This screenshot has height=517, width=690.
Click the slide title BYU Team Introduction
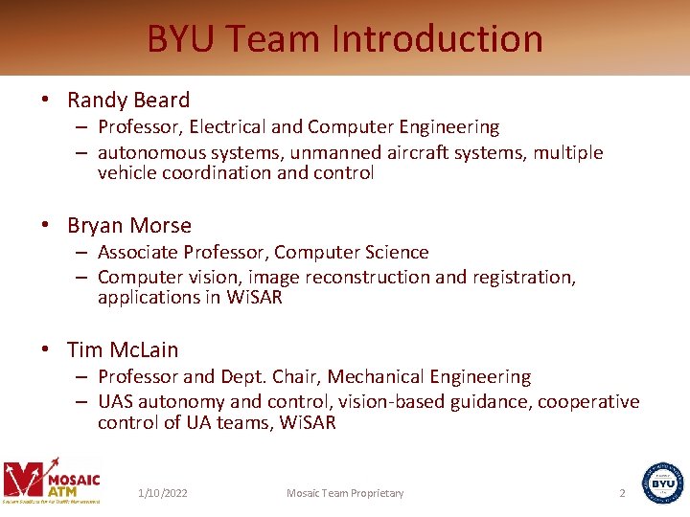345,39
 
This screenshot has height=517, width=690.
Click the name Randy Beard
128,100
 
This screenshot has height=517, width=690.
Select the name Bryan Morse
129,226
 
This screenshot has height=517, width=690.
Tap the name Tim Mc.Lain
123,350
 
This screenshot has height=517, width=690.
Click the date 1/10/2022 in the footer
163,493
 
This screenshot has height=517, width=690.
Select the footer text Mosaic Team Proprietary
345,493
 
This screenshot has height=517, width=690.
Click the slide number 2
622,493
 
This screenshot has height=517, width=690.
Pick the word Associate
135,253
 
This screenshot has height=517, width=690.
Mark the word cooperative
588,402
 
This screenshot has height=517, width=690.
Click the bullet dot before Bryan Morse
45,227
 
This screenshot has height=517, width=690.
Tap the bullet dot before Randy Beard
45,101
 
